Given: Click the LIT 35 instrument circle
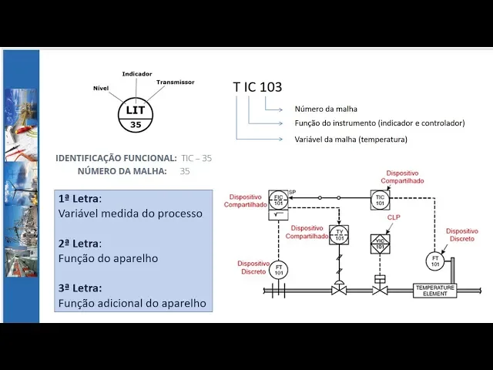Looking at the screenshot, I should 135,116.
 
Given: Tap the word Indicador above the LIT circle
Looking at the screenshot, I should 137,74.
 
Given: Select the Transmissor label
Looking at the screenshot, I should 175,82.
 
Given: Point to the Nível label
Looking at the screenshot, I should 101,88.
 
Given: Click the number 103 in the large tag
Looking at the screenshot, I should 271,87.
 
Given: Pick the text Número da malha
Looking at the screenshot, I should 326,109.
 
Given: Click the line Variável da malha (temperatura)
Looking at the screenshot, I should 350,140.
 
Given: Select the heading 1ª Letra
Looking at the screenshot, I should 79,198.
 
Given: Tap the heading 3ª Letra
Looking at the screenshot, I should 79,288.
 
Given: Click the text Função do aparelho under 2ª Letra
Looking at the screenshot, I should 108,258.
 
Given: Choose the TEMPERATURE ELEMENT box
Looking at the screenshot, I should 435,290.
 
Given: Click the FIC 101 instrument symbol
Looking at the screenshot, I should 279,200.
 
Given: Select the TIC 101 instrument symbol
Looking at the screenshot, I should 379,200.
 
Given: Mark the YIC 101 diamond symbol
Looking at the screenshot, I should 379,244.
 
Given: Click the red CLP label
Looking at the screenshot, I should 394,218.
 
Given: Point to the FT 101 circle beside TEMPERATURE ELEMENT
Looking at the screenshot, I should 435,261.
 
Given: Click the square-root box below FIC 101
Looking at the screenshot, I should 279,216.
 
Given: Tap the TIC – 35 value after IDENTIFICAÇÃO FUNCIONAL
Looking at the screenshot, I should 196,158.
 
